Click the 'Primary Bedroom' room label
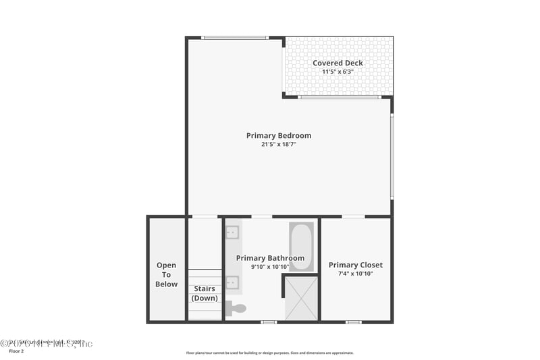(279, 136)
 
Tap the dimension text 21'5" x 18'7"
(279, 145)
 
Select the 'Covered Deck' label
(337, 63)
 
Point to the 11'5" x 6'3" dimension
(337, 72)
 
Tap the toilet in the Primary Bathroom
(236, 309)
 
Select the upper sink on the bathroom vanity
(232, 232)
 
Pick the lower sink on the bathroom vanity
(232, 282)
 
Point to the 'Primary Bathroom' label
(270, 258)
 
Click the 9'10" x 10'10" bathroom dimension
(270, 267)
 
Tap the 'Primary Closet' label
(356, 265)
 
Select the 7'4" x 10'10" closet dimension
(356, 274)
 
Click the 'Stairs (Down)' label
(205, 293)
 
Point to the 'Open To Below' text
(167, 275)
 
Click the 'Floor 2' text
(16, 351)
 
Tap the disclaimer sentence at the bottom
(270, 353)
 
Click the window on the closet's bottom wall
(354, 322)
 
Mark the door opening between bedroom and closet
(353, 216)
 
